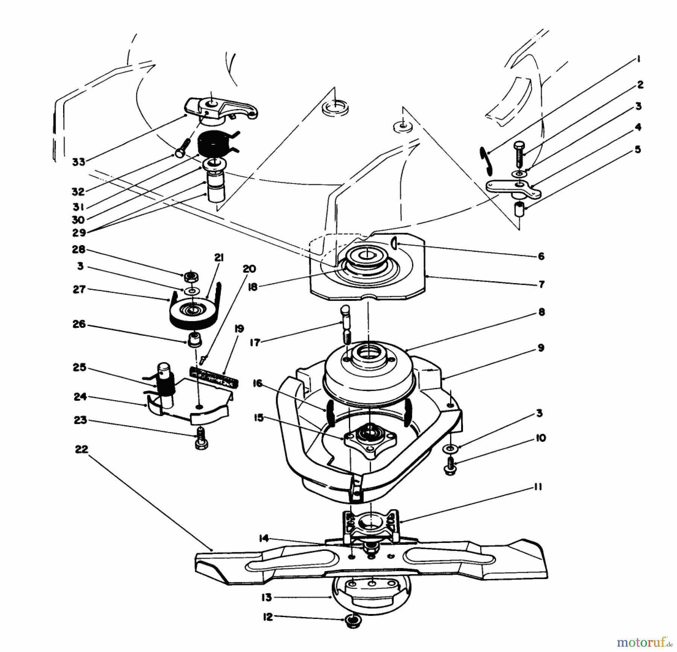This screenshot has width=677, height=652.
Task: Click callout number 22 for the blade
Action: (x=81, y=449)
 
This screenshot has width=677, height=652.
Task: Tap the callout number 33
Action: (x=79, y=162)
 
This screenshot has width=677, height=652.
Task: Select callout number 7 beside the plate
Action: (x=541, y=284)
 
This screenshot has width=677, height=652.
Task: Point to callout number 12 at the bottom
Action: (x=267, y=617)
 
